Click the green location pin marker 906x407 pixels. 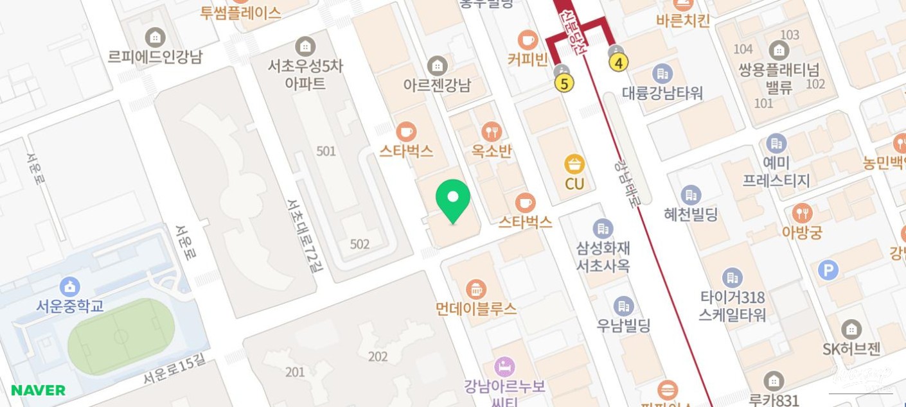coord(453,198)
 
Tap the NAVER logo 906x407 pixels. coord(38,390)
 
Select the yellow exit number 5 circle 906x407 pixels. coord(564,83)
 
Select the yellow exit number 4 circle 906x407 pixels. coord(618,62)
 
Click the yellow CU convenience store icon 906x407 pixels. coord(574,164)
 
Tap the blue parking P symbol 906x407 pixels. coord(828,270)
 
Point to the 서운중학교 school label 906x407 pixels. coord(69,306)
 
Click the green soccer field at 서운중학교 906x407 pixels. coord(121,336)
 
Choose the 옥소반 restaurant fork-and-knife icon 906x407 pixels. coord(492,132)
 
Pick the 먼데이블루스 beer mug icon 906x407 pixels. coord(475,289)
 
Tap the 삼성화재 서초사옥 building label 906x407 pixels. coord(603,255)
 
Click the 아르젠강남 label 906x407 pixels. coord(437,85)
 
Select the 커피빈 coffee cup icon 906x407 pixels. coord(528,40)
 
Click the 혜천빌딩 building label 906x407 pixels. coord(691,214)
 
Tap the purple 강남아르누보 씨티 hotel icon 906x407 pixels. coord(504,367)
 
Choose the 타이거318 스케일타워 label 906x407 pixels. coord(733,306)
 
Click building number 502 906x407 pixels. coord(360,244)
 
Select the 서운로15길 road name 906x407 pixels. coord(174,371)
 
